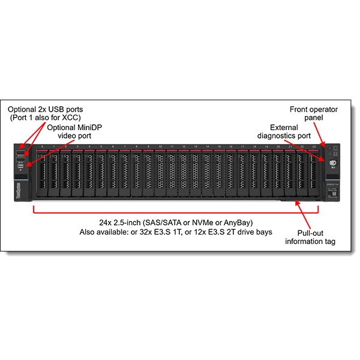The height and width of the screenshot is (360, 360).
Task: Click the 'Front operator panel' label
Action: pyautogui.click(x=313, y=113)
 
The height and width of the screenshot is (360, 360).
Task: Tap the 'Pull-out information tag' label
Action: pyautogui.click(x=310, y=237)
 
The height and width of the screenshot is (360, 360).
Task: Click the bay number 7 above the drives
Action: pyautogui.click(x=125, y=146)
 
